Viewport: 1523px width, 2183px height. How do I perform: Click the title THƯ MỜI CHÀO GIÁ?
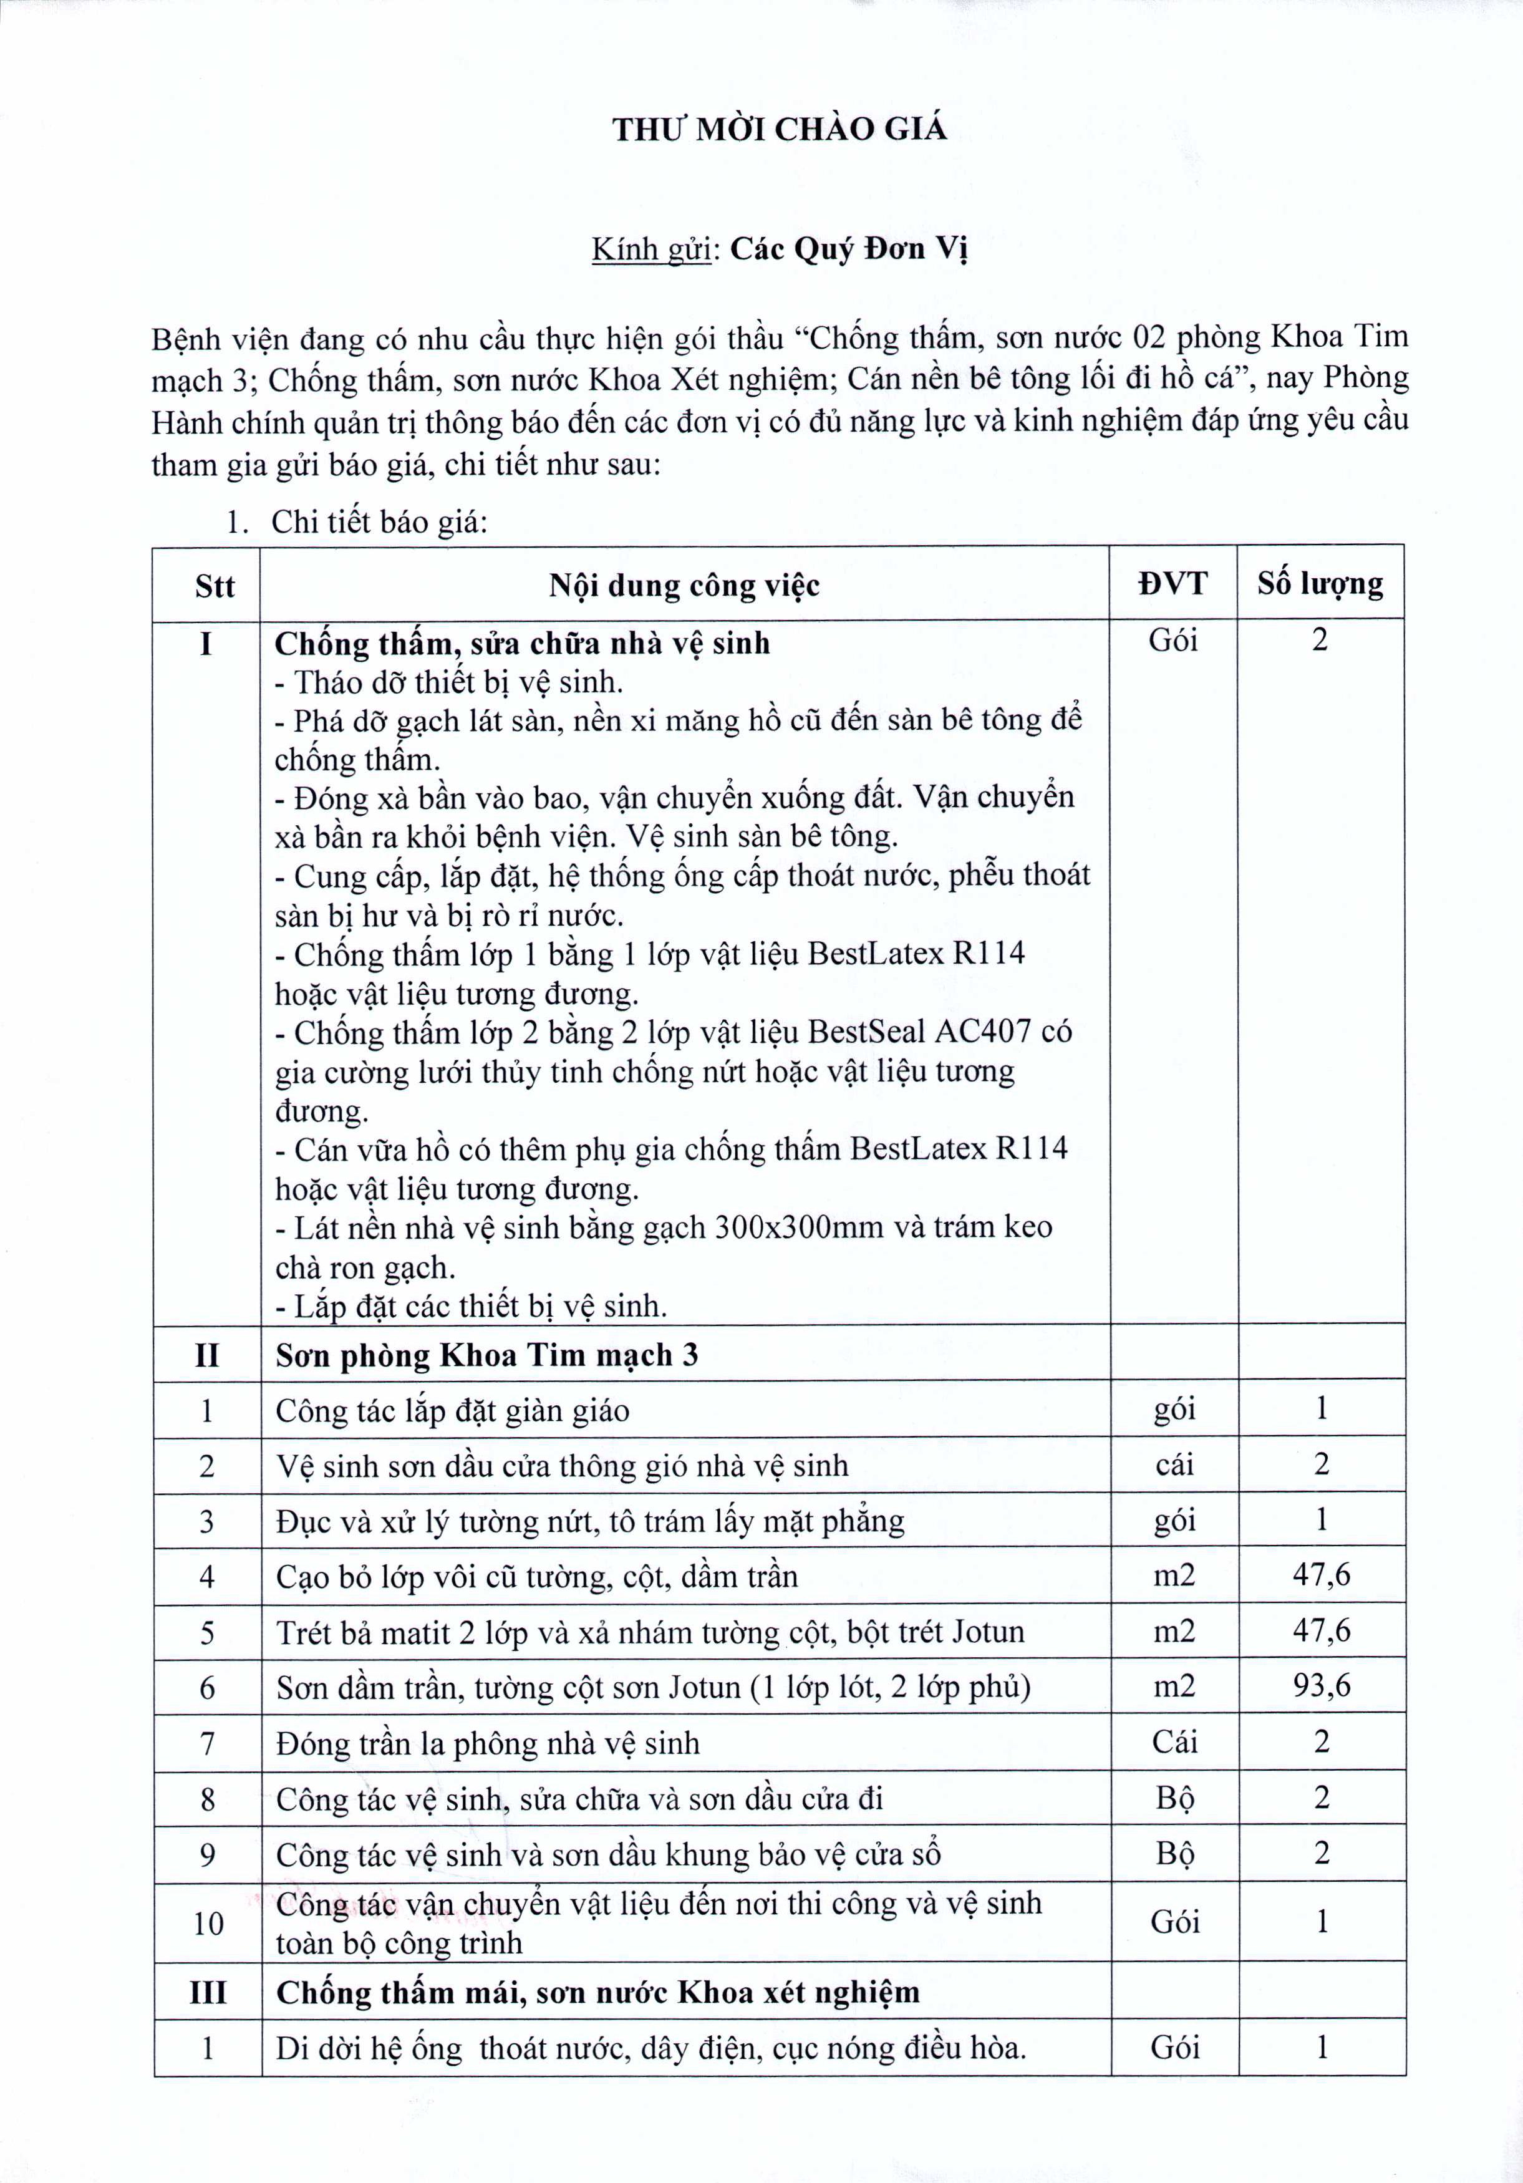[780, 129]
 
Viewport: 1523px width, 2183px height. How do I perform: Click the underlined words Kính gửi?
[651, 249]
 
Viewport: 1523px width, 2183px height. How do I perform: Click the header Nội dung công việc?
[684, 585]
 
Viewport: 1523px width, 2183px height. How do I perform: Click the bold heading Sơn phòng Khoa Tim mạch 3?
[486, 1354]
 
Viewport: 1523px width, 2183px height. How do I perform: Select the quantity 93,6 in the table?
[1320, 1686]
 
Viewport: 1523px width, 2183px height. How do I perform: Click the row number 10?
[208, 1924]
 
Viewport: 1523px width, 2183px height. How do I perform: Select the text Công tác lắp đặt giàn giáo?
[453, 1410]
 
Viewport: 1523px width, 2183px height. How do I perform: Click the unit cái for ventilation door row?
[1174, 1464]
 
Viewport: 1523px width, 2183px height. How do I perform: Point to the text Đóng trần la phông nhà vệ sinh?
[488, 1743]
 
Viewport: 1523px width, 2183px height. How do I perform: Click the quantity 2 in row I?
[1320, 640]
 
